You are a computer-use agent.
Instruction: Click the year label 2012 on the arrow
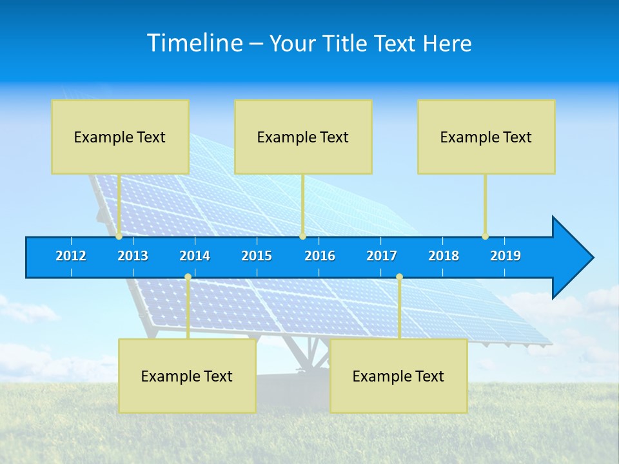pyautogui.click(x=71, y=256)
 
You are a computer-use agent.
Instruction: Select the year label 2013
pyautogui.click(x=133, y=256)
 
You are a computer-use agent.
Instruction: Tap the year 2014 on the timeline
pyautogui.click(x=195, y=256)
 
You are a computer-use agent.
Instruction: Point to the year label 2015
pyautogui.click(x=257, y=256)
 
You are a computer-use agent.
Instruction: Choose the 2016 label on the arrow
pyautogui.click(x=320, y=256)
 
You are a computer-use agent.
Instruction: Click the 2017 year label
pyautogui.click(x=382, y=256)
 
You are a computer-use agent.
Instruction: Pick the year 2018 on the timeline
pyautogui.click(x=444, y=256)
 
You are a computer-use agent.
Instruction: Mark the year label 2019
pyautogui.click(x=506, y=256)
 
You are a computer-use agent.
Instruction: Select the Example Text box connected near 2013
pyautogui.click(x=120, y=137)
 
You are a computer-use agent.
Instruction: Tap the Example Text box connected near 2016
pyautogui.click(x=303, y=137)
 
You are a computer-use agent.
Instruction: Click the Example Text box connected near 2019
pyautogui.click(x=486, y=137)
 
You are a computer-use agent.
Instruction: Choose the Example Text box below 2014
pyautogui.click(x=187, y=376)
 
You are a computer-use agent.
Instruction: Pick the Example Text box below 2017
pyautogui.click(x=398, y=376)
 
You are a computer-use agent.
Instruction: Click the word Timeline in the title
pyautogui.click(x=193, y=43)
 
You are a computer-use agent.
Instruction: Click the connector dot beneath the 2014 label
pyautogui.click(x=188, y=276)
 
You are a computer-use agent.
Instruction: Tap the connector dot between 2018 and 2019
pyautogui.click(x=485, y=237)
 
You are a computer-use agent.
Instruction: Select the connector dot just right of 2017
pyautogui.click(x=399, y=276)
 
